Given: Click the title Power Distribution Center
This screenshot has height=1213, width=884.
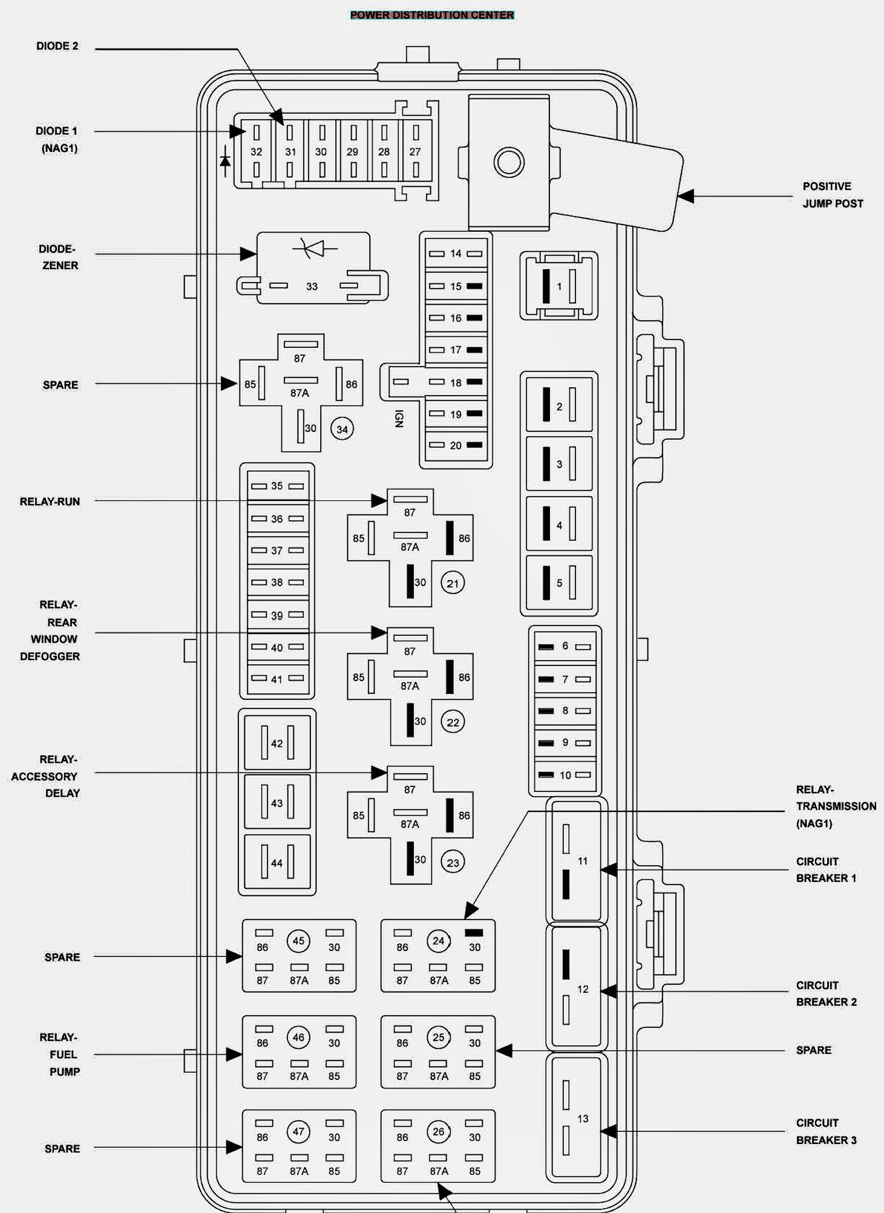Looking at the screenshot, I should click(x=432, y=15).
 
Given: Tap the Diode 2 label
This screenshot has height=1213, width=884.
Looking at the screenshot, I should click(x=57, y=46).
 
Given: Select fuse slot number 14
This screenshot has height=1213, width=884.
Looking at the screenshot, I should click(x=456, y=254).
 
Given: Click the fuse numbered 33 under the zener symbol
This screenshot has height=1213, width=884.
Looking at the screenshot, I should click(x=312, y=286).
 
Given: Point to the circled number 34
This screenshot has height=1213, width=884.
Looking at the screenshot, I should click(x=342, y=430).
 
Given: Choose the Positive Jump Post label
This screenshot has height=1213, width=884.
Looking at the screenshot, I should click(x=832, y=195).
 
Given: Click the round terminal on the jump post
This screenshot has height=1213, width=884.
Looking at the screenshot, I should click(x=508, y=162).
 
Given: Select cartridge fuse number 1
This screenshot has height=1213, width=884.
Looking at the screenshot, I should click(x=559, y=286).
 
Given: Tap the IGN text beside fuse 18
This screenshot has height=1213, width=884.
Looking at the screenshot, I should click(x=399, y=419).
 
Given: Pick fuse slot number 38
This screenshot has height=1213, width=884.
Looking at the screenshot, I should click(x=277, y=582).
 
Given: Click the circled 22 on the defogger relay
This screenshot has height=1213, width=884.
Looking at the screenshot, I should click(x=453, y=722).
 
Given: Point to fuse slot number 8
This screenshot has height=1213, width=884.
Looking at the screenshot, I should click(x=565, y=711).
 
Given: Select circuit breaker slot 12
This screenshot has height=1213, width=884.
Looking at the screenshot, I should click(x=577, y=989).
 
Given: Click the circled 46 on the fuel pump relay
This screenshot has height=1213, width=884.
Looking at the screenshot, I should click(x=298, y=1037).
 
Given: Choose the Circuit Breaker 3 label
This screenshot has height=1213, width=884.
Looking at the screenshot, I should click(x=826, y=1131).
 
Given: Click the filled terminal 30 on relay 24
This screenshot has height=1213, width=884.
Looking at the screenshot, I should click(x=474, y=933).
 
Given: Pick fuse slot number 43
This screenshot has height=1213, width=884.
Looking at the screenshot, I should click(x=277, y=802).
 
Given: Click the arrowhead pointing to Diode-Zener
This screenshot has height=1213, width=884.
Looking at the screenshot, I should click(x=248, y=254).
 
